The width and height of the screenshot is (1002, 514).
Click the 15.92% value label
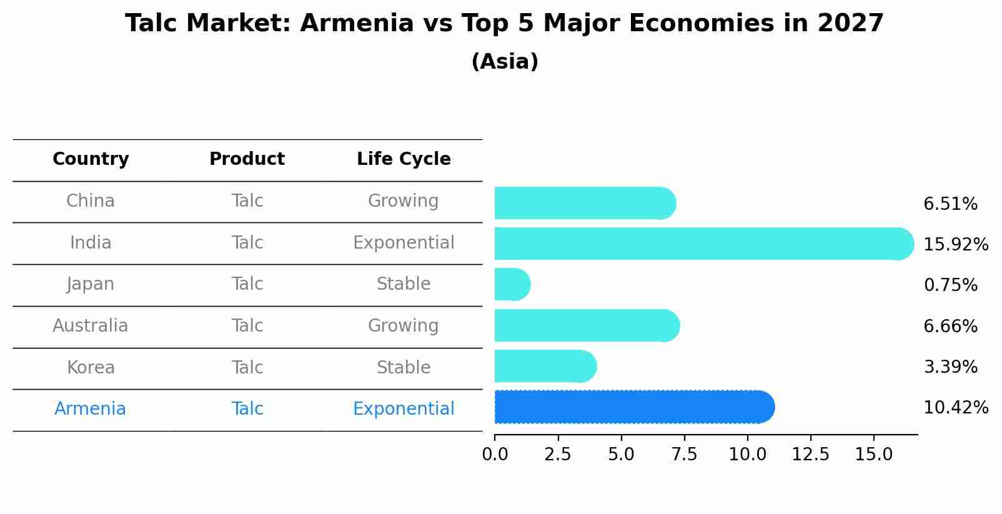(x=955, y=244)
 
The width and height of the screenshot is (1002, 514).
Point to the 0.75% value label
(x=950, y=285)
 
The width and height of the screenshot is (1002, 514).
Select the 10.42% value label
(x=955, y=408)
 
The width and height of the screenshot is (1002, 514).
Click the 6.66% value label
(x=950, y=326)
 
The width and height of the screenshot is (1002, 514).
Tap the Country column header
(x=91, y=159)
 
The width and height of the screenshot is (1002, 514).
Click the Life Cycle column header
(x=404, y=159)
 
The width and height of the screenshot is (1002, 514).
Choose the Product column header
(x=247, y=159)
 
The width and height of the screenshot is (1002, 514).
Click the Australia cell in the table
(x=91, y=326)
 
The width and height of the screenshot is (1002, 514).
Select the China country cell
(x=91, y=201)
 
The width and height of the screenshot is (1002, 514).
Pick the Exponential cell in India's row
(x=404, y=243)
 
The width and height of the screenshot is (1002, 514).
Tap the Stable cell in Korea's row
(x=404, y=368)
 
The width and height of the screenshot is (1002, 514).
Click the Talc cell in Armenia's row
(x=247, y=409)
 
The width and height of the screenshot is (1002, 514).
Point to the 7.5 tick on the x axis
(x=684, y=455)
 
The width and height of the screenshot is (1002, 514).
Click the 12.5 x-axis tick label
(x=810, y=455)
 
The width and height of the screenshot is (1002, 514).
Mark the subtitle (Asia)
(x=505, y=62)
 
